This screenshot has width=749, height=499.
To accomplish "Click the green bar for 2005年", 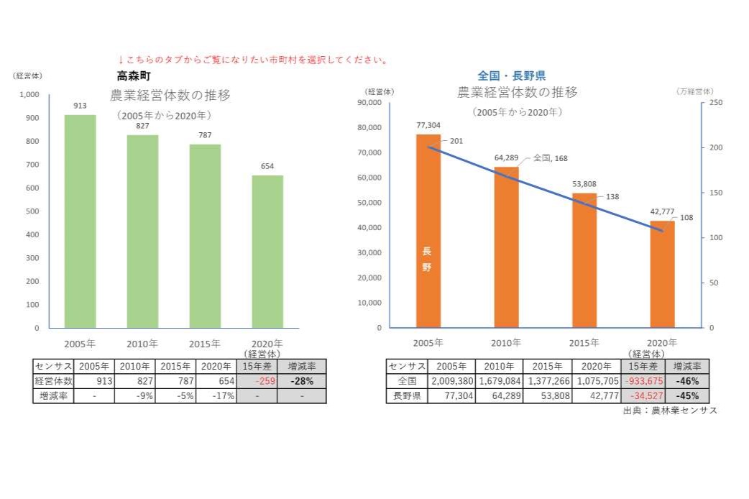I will click(x=80, y=221).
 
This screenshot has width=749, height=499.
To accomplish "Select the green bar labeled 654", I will click(x=267, y=251).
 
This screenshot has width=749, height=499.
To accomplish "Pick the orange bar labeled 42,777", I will click(x=662, y=274).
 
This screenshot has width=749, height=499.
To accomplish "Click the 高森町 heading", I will click(x=133, y=75).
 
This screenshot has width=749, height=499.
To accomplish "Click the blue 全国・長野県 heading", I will click(x=511, y=75).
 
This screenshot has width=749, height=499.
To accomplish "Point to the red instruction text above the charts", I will click(x=253, y=60).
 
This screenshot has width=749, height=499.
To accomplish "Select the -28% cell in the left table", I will click(x=301, y=381).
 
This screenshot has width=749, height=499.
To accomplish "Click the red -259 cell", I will click(x=256, y=381).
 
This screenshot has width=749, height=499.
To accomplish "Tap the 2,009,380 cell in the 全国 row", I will click(x=451, y=381).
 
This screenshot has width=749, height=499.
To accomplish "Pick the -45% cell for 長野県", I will click(x=687, y=396).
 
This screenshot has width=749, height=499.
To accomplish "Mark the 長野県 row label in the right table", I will click(x=407, y=396).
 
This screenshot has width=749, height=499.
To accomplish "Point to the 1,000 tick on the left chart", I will click(x=29, y=95).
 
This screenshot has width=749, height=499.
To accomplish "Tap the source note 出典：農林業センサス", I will click(x=670, y=411).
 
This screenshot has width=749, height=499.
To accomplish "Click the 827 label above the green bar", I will click(x=142, y=126).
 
